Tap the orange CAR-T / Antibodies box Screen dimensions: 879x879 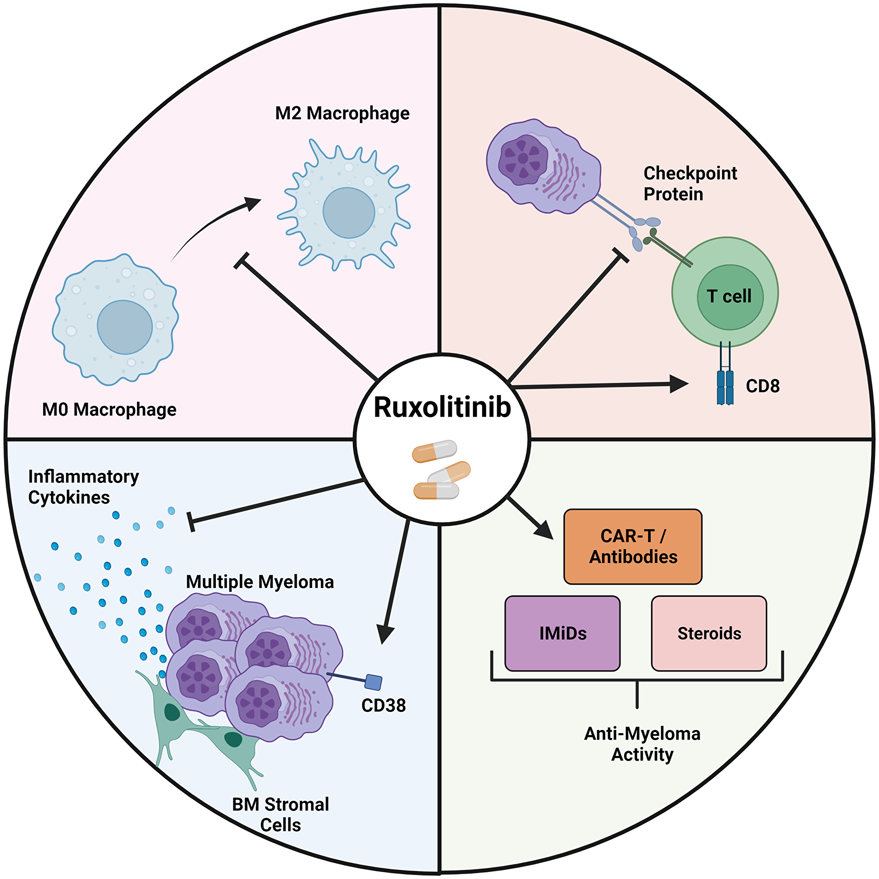pyautogui.click(x=632, y=546)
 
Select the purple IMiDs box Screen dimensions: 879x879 pyautogui.click(x=563, y=633)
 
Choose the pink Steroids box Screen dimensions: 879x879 pyautogui.click(x=709, y=633)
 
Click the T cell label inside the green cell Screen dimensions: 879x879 pyautogui.click(x=729, y=296)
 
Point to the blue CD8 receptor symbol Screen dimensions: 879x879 pyautogui.click(x=725, y=387)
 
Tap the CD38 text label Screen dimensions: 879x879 pyautogui.click(x=383, y=706)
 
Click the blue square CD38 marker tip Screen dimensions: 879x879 pyautogui.click(x=374, y=682)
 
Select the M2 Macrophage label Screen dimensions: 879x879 pyautogui.click(x=342, y=113)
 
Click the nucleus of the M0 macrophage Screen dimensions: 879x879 pyautogui.click(x=124, y=327)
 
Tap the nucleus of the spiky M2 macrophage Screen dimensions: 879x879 pyautogui.click(x=349, y=212)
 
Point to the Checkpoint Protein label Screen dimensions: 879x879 pyautogui.click(x=689, y=183)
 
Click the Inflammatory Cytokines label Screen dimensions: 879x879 pyautogui.click(x=83, y=487)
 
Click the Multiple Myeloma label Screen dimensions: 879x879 pyautogui.click(x=260, y=582)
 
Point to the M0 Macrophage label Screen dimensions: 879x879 pyautogui.click(x=109, y=410)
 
